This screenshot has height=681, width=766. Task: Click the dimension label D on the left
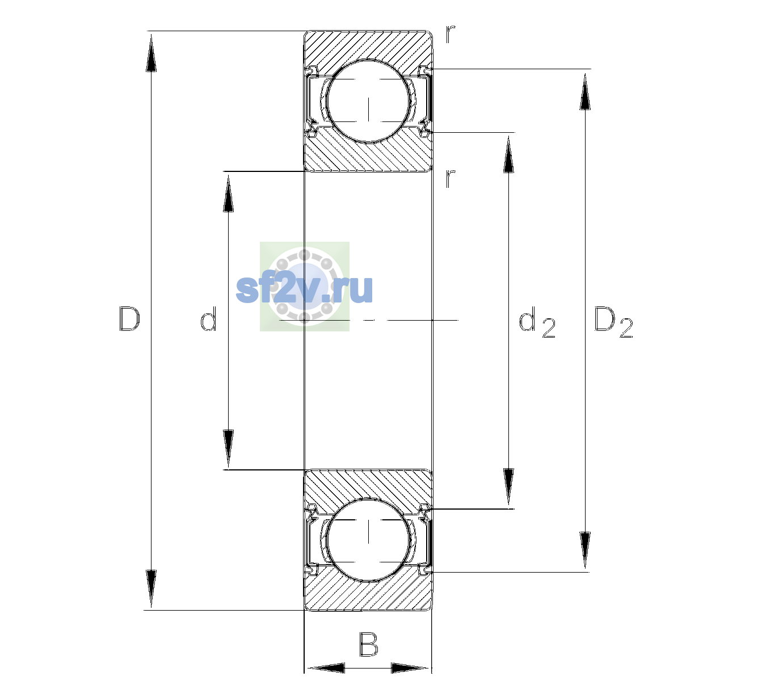click(129, 319)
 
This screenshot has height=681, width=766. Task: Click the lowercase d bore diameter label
click(208, 319)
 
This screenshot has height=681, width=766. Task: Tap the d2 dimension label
click(537, 322)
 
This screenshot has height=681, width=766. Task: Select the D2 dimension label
click(613, 322)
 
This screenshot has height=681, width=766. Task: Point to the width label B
click(368, 644)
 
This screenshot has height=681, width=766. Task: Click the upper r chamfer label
click(451, 34)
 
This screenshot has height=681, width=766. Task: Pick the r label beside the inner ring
click(451, 178)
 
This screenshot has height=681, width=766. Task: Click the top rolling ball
click(368, 102)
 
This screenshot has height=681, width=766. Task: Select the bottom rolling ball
click(368, 539)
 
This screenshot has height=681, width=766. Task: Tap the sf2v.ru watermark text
click(304, 289)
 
